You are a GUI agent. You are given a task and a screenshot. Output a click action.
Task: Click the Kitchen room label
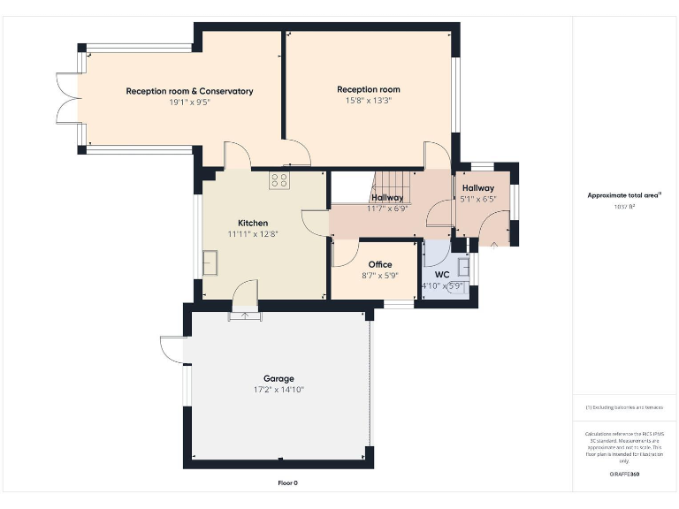[x=253, y=223]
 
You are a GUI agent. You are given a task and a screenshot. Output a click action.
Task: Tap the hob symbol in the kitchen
[x=279, y=180]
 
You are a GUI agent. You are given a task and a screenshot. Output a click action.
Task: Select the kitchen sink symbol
[x=211, y=262]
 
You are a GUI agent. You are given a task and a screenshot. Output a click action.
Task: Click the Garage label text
[x=278, y=378]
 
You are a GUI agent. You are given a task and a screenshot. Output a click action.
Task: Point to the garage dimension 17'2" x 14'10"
[x=278, y=389]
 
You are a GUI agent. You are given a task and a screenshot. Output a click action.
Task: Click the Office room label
[x=380, y=264]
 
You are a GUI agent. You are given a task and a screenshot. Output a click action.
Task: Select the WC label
[x=442, y=275]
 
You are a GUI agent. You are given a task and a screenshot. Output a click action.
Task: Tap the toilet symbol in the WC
[x=457, y=285]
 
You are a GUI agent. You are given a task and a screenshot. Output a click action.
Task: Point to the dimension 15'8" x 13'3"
[x=368, y=101]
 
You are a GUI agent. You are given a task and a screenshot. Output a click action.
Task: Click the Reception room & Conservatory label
[x=189, y=91]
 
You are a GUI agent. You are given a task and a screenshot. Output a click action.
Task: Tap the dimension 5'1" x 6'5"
[x=478, y=200]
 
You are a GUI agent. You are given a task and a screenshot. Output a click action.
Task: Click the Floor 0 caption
[x=288, y=483]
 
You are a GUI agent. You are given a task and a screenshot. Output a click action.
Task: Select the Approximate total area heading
[x=624, y=195]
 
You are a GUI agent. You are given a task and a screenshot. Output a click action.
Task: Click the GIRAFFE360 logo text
[x=623, y=475]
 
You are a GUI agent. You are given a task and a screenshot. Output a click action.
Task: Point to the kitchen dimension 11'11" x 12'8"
[x=253, y=234]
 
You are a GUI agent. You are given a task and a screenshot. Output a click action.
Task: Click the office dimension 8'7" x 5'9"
[x=380, y=275]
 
